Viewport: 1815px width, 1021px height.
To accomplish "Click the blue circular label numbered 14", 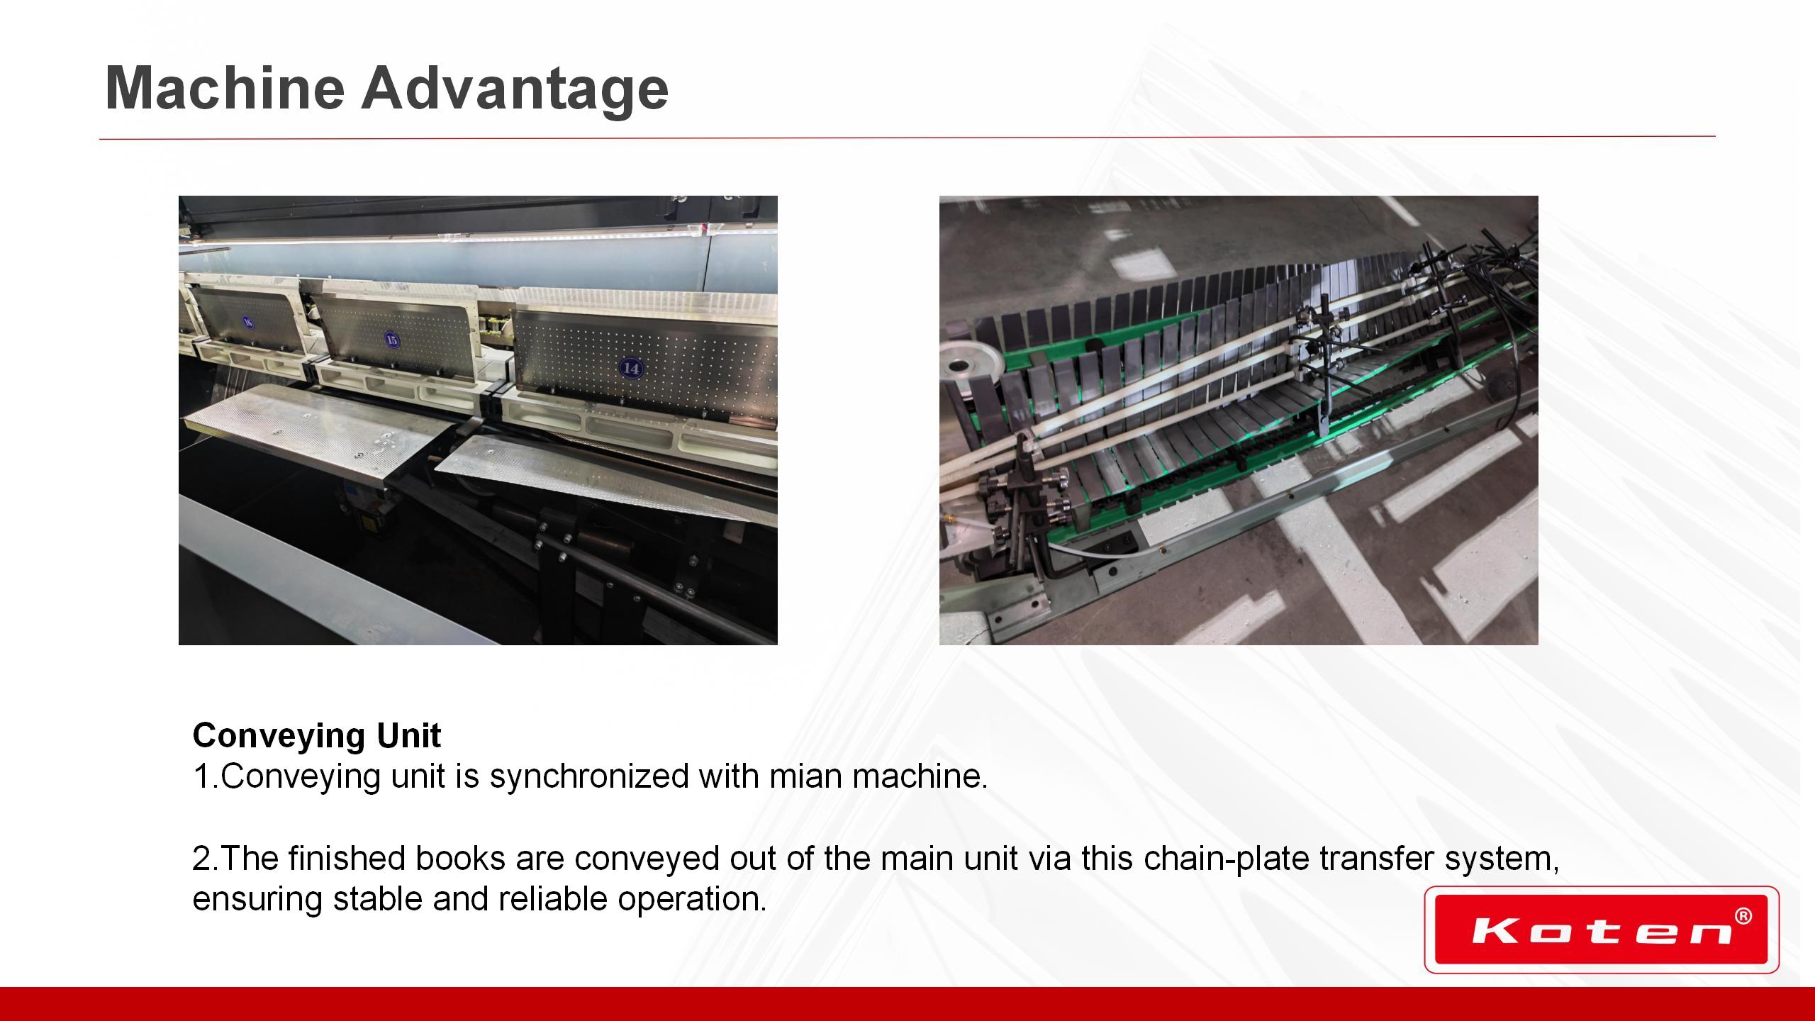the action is pos(630,368).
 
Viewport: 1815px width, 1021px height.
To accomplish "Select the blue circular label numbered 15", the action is pos(392,340).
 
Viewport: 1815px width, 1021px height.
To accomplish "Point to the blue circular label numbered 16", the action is pos(247,322).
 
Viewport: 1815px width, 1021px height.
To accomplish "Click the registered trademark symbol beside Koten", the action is pos(1743,917).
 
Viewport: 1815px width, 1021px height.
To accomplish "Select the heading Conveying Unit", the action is pos(317,736).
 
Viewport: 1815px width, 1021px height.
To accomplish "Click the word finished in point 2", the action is pos(347,858).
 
